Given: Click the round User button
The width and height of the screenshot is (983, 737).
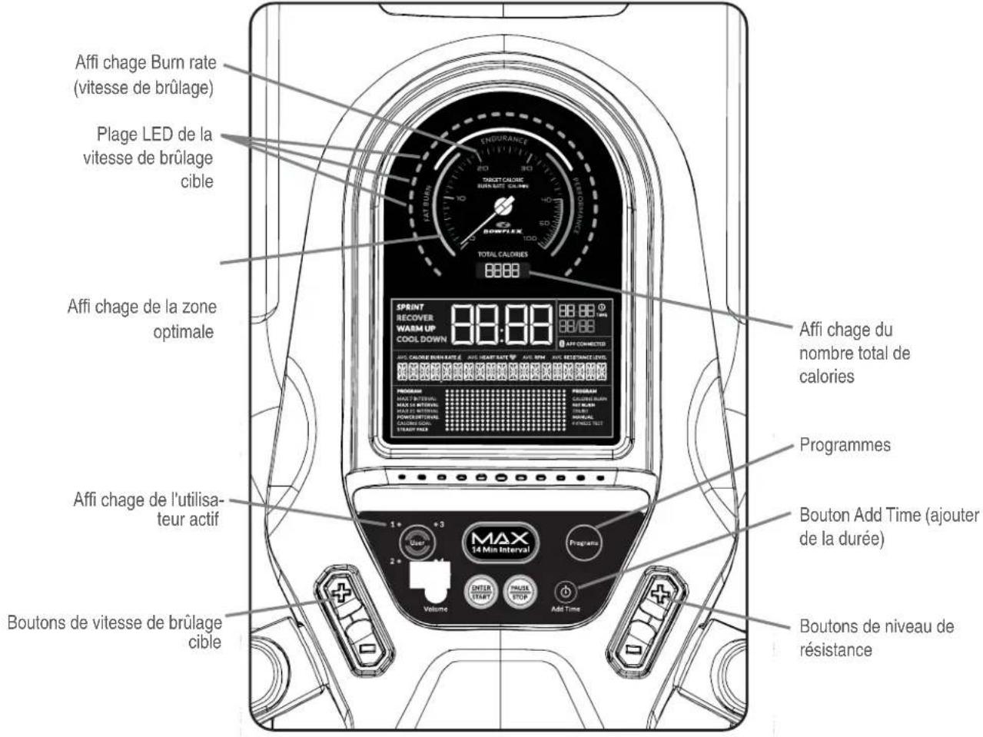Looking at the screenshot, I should [x=416, y=540].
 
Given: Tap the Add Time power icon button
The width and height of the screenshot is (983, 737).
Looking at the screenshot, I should [x=566, y=593].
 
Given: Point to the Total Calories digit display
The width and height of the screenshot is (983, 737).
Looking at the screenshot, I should [x=500, y=271].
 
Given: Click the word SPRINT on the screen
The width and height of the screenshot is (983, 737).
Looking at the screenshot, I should [x=410, y=307].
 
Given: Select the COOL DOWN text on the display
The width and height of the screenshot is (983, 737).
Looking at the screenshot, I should [x=421, y=339].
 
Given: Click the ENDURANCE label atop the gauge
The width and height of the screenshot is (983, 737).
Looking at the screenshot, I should [x=504, y=140].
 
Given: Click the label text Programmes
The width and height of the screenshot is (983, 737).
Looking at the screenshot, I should [x=845, y=446].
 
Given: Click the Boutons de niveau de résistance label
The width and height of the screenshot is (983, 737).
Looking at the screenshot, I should [x=876, y=637].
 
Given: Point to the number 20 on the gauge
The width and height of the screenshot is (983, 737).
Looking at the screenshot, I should [x=483, y=168].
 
